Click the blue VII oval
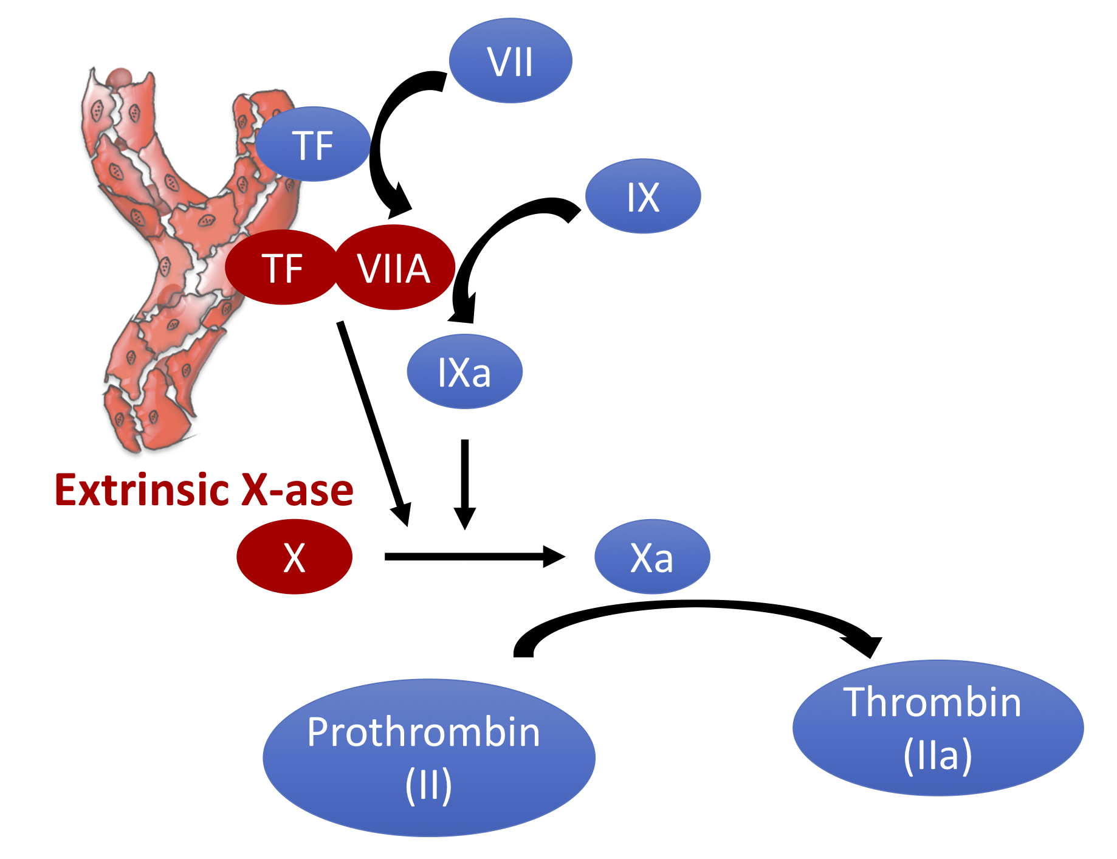click(x=510, y=61)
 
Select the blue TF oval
click(x=313, y=145)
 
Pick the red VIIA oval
click(x=394, y=268)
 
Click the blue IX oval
click(x=643, y=196)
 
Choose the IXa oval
click(x=464, y=371)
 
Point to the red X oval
click(x=294, y=557)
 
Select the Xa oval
click(x=651, y=557)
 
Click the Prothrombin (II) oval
click(x=428, y=757)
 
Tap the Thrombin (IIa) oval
click(x=938, y=728)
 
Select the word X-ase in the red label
click(x=297, y=490)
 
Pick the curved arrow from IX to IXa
click(x=486, y=243)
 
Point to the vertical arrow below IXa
click(x=465, y=480)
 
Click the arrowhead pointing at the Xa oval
click(x=554, y=556)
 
